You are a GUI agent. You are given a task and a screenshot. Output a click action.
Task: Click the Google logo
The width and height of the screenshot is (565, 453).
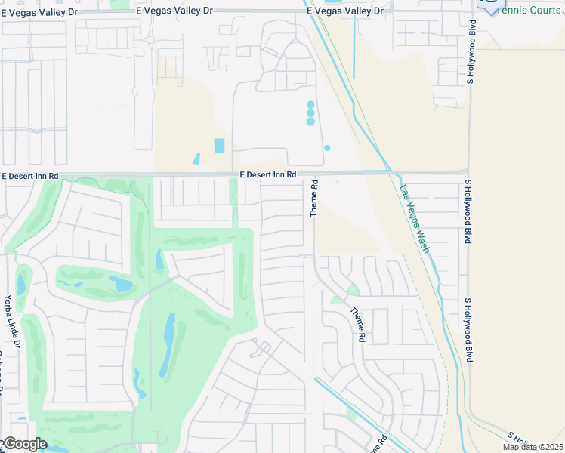pyautogui.click(x=24, y=444)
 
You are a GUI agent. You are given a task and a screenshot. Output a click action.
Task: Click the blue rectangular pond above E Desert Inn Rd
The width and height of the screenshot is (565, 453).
pyautogui.click(x=220, y=146)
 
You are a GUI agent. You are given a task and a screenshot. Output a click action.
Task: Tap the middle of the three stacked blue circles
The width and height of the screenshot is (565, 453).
pyautogui.click(x=310, y=113)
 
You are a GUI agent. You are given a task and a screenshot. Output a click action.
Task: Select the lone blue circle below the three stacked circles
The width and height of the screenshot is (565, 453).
pyautogui.click(x=327, y=148)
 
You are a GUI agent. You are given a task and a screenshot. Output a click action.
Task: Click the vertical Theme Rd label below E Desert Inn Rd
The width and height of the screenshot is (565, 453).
pyautogui.click(x=315, y=199)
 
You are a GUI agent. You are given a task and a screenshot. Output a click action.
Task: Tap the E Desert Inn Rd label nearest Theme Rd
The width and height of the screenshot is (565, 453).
pyautogui.click(x=268, y=175)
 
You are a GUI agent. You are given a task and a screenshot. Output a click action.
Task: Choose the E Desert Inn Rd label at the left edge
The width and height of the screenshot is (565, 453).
pyautogui.click(x=30, y=176)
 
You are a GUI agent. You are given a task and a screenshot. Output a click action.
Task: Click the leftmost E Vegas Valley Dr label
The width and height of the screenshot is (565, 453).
pyautogui.click(x=39, y=11)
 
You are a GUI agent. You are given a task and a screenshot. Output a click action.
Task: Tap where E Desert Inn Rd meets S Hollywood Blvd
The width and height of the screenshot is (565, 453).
pyautogui.click(x=468, y=173)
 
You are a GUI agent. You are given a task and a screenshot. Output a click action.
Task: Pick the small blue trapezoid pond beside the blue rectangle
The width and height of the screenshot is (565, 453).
pyautogui.click(x=196, y=159)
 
